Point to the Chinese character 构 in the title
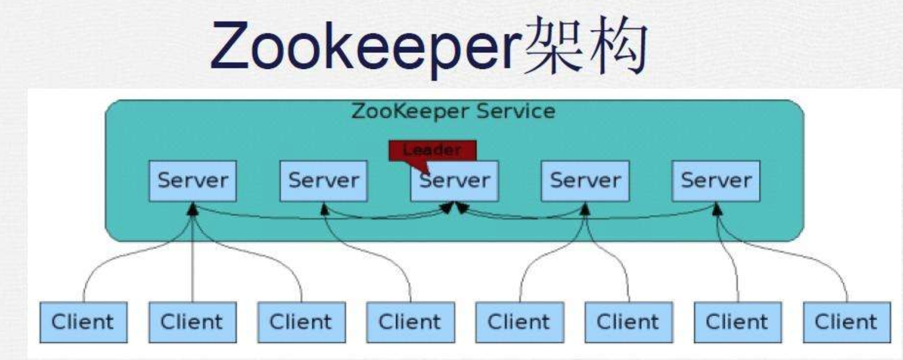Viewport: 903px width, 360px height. (615, 47)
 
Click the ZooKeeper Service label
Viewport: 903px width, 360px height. (453, 111)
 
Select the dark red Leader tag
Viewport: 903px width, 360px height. (433, 150)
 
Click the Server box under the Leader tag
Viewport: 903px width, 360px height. (454, 181)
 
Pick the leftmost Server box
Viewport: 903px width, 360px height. (192, 181)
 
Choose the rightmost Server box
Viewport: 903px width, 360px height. (716, 181)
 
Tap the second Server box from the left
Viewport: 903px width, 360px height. (323, 181)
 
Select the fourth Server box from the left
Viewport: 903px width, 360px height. (585, 181)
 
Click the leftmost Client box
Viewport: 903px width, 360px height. (83, 322)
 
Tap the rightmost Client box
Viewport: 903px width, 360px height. (846, 322)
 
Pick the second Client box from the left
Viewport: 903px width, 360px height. (192, 322)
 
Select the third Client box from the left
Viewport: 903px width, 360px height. (301, 322)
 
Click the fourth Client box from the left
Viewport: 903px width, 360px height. (410, 322)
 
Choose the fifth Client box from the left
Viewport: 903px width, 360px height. (519, 322)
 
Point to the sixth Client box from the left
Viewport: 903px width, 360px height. (628, 322)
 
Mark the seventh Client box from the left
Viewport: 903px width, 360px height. (737, 322)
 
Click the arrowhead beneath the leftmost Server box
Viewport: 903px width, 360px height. (193, 209)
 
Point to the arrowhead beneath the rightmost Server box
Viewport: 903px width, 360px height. (717, 209)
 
